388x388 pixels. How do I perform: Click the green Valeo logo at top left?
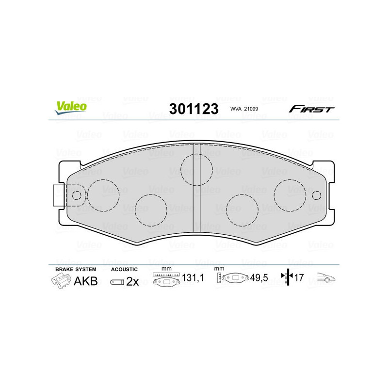click(x=71, y=108)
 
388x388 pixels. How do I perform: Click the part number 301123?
click(x=194, y=109)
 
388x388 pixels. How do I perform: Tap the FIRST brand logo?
click(x=311, y=109)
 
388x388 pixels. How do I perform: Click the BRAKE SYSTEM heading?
click(x=76, y=269)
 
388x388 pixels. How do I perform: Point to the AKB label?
click(x=85, y=281)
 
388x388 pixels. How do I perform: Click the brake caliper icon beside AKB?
click(x=62, y=281)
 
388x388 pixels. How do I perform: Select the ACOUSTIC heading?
click(x=124, y=269)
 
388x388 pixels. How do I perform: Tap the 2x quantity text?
click(x=132, y=281)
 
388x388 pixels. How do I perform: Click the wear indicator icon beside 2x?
click(x=116, y=282)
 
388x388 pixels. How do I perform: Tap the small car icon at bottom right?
click(x=326, y=278)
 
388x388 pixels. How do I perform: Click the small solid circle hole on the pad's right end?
click(x=317, y=195)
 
